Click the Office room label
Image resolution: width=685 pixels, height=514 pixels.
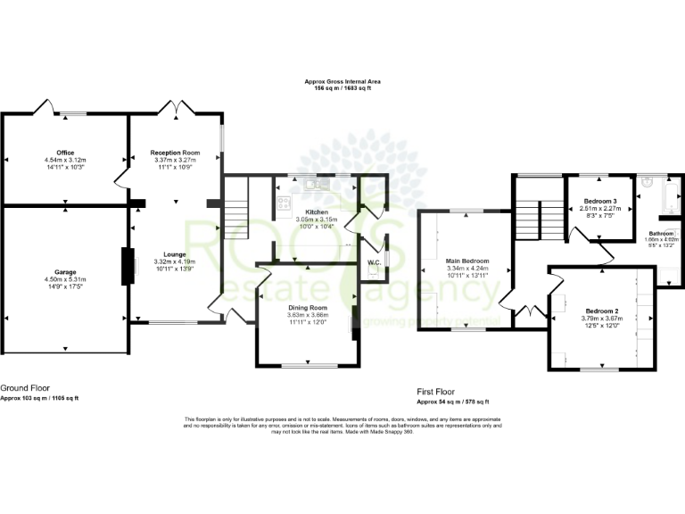[64, 153]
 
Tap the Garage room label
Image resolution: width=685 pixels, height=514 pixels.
[64, 271]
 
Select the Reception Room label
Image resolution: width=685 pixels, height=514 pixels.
[175, 153]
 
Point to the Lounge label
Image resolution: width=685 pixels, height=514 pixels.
[175, 254]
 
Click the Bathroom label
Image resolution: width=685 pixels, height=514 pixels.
[661, 233]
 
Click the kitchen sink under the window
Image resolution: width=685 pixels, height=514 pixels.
[314, 184]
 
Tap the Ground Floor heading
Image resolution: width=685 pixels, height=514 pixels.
[25, 388]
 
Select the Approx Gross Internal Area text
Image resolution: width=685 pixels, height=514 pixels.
[342, 82]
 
